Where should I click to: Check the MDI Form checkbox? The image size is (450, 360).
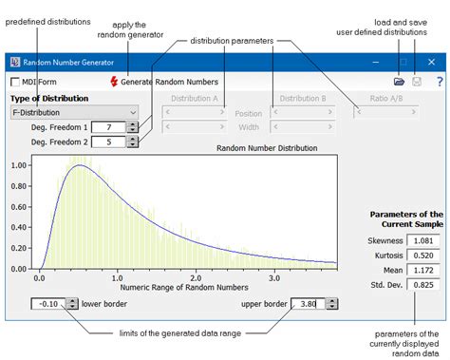point(16,83)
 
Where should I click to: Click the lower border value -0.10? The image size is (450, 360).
point(49,304)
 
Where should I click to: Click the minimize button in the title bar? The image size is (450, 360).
point(376,61)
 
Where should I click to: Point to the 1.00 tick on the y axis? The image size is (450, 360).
point(19,164)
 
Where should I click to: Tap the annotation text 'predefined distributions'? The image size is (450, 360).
point(47,22)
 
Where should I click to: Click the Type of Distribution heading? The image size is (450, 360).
point(49,98)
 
